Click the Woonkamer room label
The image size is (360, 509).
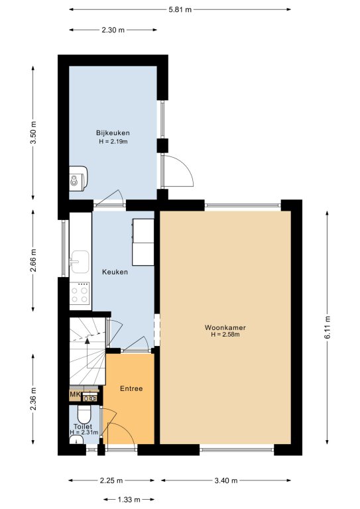click(225, 327)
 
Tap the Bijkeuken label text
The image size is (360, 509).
click(113, 133)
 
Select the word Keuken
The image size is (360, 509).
click(115, 272)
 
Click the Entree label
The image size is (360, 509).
click(131, 388)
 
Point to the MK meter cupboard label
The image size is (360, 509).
click(75, 395)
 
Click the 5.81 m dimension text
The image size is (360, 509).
click(180, 10)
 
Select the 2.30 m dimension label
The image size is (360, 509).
click(113, 30)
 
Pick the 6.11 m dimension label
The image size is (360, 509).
click(328, 327)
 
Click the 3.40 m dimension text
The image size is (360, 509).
click(226, 481)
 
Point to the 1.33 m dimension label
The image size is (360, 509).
click(129, 500)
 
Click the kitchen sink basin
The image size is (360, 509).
click(80, 261)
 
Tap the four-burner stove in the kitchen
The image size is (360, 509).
click(80, 293)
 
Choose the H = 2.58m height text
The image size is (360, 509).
click(225, 335)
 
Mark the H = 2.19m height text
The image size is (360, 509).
click(113, 142)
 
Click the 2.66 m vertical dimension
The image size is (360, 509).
click(32, 260)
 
